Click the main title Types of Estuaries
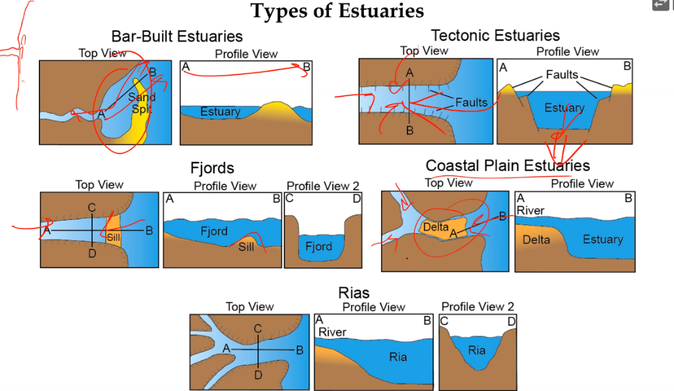(337, 11)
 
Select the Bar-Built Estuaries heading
(177, 36)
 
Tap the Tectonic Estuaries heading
(495, 35)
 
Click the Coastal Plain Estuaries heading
(507, 165)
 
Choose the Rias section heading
(353, 293)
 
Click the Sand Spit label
(142, 103)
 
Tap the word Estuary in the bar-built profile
(220, 112)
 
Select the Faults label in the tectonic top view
(471, 102)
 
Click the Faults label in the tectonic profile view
(561, 75)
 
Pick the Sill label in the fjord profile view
(246, 247)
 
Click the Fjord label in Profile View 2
(319, 247)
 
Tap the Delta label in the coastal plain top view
(436, 226)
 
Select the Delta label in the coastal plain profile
(536, 240)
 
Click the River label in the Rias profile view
(332, 332)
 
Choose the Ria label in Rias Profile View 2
(477, 350)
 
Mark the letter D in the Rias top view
(258, 375)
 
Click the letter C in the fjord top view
(91, 208)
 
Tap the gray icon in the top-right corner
(661, 5)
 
